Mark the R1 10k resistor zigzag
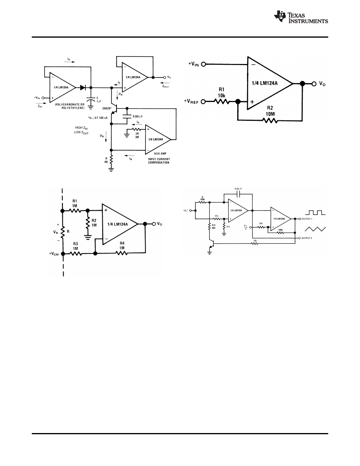pyautogui.click(x=222, y=102)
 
